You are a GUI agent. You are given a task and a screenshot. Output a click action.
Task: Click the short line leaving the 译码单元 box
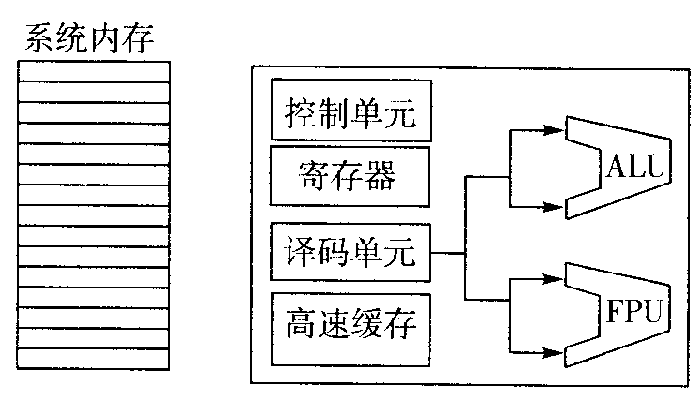coord(448,253)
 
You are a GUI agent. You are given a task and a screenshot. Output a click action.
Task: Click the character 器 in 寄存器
coord(383,174)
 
